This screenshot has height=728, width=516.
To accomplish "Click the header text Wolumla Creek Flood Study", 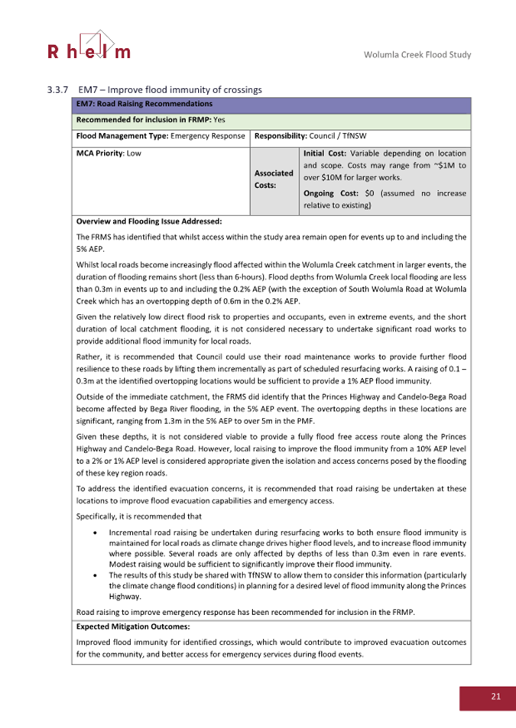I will pyautogui.click(x=417, y=55).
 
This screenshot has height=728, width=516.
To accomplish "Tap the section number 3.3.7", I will pyautogui.click(x=58, y=90).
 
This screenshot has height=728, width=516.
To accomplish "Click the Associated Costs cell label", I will pyautogui.click(x=274, y=179).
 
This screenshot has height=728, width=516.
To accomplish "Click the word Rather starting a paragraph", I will pyautogui.click(x=89, y=355).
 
